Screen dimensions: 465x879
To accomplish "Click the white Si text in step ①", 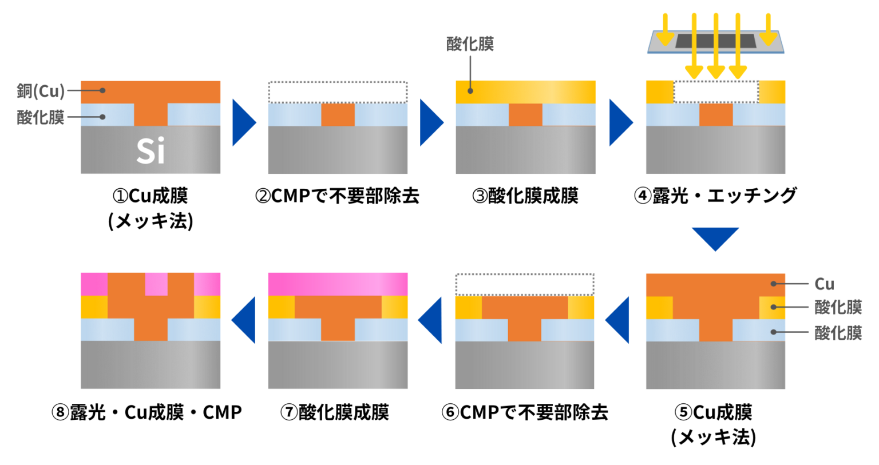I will [151, 151].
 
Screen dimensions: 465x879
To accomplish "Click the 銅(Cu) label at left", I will [41, 91].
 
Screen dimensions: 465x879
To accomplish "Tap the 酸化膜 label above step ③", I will [470, 44].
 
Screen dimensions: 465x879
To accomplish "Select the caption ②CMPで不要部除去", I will [337, 196].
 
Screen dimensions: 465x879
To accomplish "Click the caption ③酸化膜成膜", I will [525, 196].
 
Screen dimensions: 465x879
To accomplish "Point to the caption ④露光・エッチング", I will [715, 196].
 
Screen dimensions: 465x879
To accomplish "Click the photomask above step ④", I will [715, 41].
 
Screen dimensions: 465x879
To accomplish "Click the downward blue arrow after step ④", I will [715, 237].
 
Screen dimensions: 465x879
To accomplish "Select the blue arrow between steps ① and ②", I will [243, 122].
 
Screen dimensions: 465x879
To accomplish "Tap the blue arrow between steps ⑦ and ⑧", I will [245, 320].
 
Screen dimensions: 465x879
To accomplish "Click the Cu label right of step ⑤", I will [824, 284].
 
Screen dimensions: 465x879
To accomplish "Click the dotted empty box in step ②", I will [338, 92].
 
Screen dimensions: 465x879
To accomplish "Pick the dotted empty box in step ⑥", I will [525, 284].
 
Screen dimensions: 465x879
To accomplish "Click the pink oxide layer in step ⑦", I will [338, 284].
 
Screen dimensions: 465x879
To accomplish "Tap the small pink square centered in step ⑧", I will [156, 284].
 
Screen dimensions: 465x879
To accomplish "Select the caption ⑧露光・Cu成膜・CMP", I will [146, 412].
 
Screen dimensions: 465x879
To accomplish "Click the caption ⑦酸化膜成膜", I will [335, 412].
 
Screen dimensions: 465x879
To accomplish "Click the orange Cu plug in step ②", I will [338, 115].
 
